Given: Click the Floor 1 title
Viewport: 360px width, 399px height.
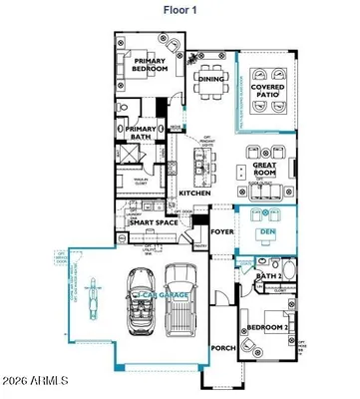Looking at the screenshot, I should click(180, 11).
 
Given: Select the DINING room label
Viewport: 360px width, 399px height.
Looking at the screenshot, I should click(210, 78).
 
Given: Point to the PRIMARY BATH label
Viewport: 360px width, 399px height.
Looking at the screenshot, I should click(140, 132).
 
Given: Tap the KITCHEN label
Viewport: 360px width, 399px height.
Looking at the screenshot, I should click(193, 193).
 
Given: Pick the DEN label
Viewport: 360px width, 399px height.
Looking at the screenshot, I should click(266, 232).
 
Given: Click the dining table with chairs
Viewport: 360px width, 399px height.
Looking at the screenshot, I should click(210, 93).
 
